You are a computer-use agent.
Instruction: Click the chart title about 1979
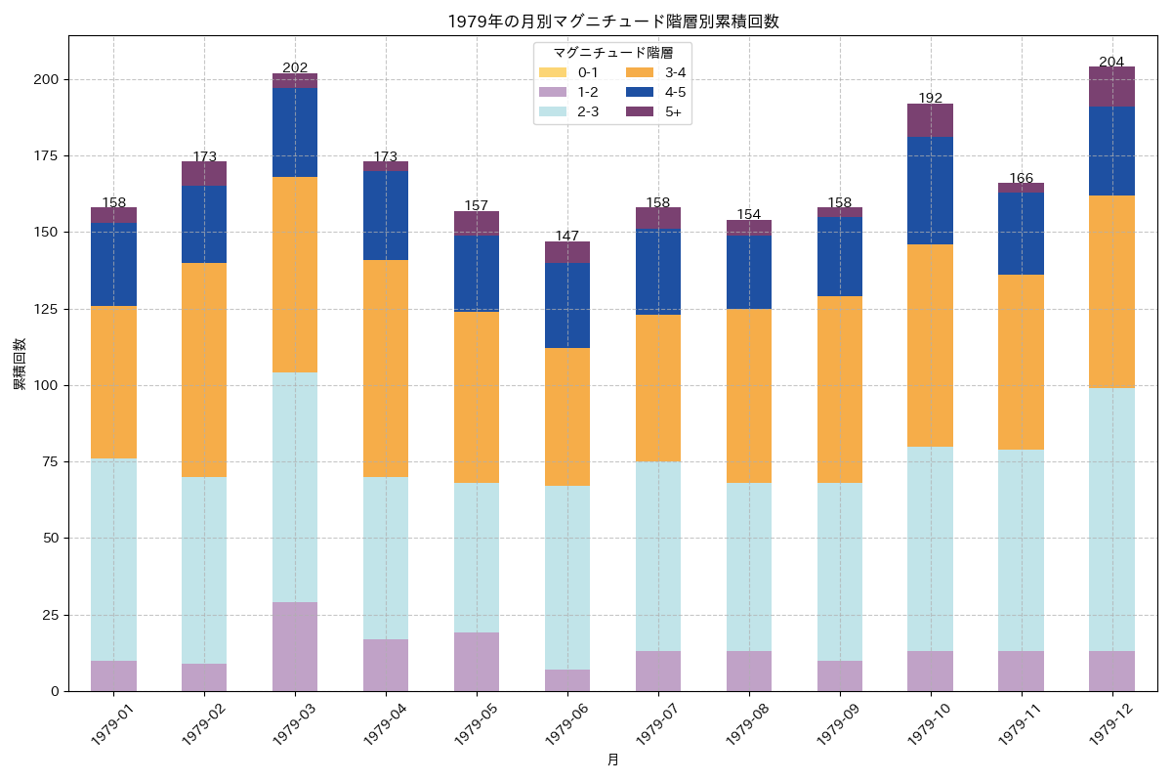[x=612, y=22]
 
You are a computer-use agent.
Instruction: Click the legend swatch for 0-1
[x=552, y=72]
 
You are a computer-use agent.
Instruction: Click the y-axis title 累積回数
[x=20, y=365]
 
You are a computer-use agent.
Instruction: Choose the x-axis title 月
[x=612, y=760]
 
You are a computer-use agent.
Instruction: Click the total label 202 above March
[x=295, y=67]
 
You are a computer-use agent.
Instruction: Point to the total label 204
[x=1111, y=62]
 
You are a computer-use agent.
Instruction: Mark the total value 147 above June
[x=567, y=236]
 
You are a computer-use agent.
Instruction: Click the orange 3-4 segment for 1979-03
[x=295, y=275]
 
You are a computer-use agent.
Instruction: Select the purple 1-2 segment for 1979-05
[x=477, y=662]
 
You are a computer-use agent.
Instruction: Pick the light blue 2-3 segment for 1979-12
[x=1111, y=519]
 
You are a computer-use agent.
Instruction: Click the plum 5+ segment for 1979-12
[x=1111, y=87]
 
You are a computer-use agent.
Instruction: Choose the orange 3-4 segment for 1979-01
[x=114, y=382]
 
